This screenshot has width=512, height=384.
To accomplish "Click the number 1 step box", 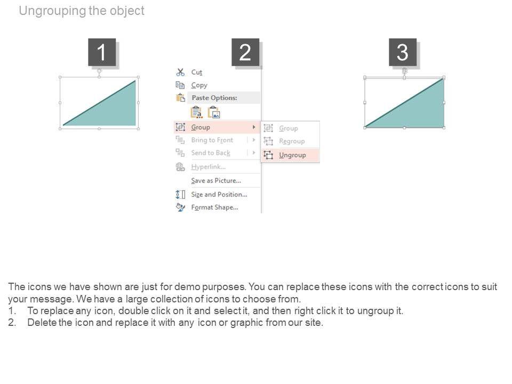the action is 102,52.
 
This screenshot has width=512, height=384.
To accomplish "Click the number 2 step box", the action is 245,52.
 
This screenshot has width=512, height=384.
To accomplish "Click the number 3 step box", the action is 403,52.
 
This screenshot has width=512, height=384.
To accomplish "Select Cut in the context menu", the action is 197,72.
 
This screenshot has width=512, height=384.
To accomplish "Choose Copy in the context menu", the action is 199,85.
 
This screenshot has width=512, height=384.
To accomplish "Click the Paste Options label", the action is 214,98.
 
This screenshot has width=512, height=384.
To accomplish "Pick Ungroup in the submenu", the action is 292,155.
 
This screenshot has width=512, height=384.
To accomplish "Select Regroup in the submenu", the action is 292,141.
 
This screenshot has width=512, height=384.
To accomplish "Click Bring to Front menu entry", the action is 212,140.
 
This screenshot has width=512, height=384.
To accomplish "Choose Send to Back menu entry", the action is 211,153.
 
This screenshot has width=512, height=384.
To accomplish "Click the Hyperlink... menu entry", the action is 208,167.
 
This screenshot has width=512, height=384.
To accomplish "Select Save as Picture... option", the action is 216,181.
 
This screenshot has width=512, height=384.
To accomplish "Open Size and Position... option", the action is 219,194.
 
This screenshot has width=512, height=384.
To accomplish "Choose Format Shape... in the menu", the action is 214,207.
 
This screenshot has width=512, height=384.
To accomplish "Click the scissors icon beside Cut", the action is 180,72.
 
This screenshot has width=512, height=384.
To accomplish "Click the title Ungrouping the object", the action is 82,11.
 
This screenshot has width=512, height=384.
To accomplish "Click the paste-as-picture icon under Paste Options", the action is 214,113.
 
